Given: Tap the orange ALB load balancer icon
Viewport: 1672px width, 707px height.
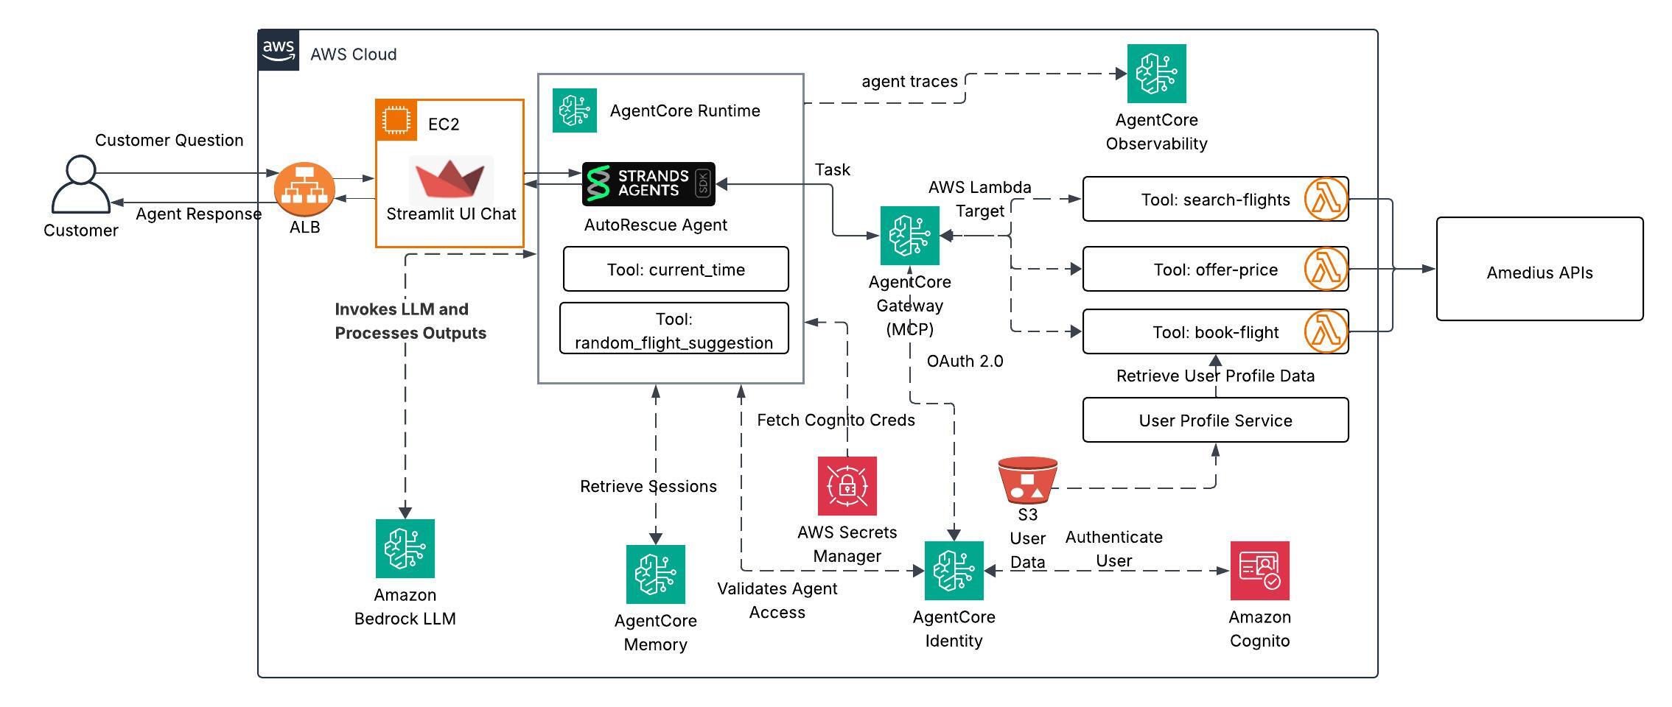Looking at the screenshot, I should (x=304, y=190).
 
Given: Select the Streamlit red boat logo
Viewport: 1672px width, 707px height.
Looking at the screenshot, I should (x=450, y=181).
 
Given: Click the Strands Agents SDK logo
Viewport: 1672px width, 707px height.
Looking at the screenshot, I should (x=648, y=184).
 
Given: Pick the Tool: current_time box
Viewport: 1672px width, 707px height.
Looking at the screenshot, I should (x=676, y=270).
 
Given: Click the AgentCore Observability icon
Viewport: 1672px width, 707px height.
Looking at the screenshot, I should (x=1156, y=74).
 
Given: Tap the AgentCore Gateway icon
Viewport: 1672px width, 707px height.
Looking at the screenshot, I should (x=910, y=236).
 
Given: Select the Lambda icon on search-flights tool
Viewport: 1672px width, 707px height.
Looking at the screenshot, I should (x=1326, y=199).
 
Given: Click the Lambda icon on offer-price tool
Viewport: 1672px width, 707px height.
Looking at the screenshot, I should (x=1326, y=270).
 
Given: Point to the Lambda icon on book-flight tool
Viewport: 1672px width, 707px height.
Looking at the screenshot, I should (x=1326, y=331).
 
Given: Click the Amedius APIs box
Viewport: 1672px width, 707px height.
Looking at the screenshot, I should (x=1539, y=270).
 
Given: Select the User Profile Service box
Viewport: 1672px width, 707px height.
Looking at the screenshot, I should (x=1215, y=421).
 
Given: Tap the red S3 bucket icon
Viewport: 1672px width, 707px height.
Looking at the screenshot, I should (x=1027, y=480).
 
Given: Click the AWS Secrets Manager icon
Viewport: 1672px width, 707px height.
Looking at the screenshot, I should (x=847, y=486).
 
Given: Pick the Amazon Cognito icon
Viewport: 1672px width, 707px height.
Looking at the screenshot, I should (x=1260, y=571).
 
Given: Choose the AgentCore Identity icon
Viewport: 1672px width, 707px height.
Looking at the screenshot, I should (x=954, y=571).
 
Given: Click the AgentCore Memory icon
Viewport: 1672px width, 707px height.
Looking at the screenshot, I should (x=656, y=574).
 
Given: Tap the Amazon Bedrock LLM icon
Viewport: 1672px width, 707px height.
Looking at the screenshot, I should (x=405, y=549).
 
